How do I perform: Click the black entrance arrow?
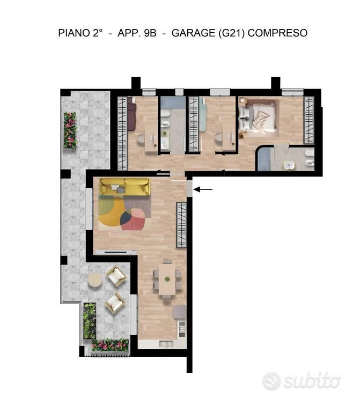coord(203,189)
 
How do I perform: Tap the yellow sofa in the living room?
coord(125,187)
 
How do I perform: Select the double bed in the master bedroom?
coord(258,117)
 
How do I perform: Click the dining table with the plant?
coord(167,279)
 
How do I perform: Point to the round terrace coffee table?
coord(95,280)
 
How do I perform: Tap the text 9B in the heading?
coord(150,33)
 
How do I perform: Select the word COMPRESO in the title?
coord(277,33)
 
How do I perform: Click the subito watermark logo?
coord(302,381)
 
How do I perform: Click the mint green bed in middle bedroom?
coord(202,114)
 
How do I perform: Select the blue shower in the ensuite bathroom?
coord(264,159)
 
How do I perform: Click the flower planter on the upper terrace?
coord(70,130)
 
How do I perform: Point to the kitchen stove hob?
coord(182,329)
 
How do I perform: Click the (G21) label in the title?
coord(232,33)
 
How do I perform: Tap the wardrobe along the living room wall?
coord(181,225)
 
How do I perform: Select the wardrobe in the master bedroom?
coord(309,120)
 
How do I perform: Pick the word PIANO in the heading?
coord(74,33)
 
